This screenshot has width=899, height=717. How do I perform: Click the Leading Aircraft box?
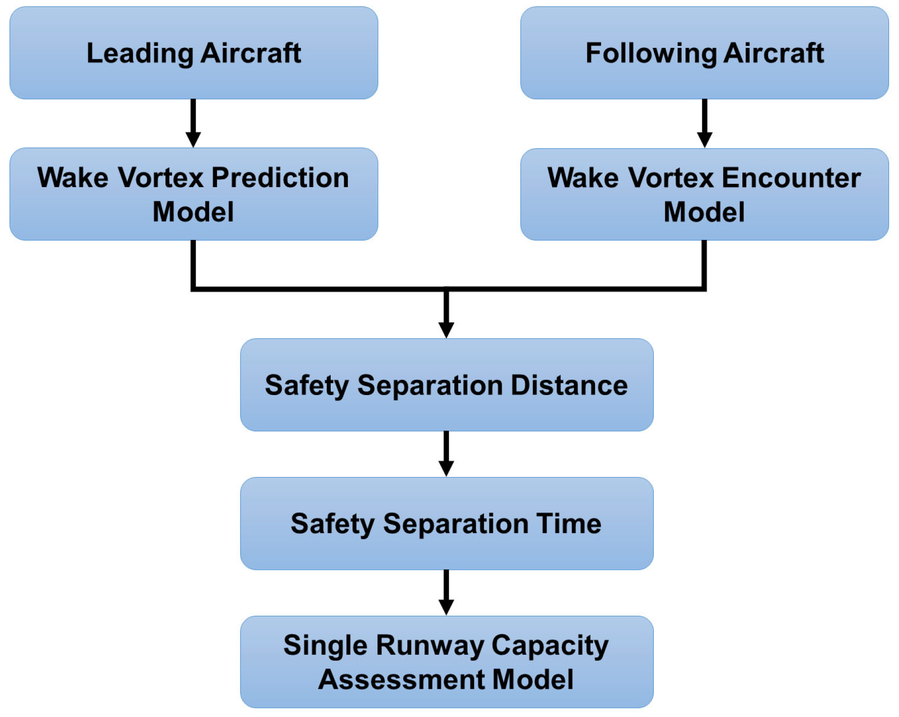[194, 53]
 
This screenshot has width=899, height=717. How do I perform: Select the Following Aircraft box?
[704, 53]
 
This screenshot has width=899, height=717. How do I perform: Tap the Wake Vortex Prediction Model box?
[194, 194]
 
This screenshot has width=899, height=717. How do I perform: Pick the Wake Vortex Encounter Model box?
[704, 194]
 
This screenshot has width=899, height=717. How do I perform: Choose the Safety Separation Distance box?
[446, 385]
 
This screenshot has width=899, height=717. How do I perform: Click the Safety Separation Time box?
[446, 523]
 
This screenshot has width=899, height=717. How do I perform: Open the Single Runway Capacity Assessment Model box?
[446, 662]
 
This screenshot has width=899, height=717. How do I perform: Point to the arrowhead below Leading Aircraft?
[193, 139]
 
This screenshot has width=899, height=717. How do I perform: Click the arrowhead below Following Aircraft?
[704, 139]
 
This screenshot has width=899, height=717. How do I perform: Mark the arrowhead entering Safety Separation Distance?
[446, 330]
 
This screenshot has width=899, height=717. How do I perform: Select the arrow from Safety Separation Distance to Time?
[446, 454]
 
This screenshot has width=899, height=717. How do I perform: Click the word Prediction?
[280, 178]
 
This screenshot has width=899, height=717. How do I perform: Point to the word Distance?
[569, 385]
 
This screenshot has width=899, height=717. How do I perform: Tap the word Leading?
[140, 53]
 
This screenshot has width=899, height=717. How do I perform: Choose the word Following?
[651, 53]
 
